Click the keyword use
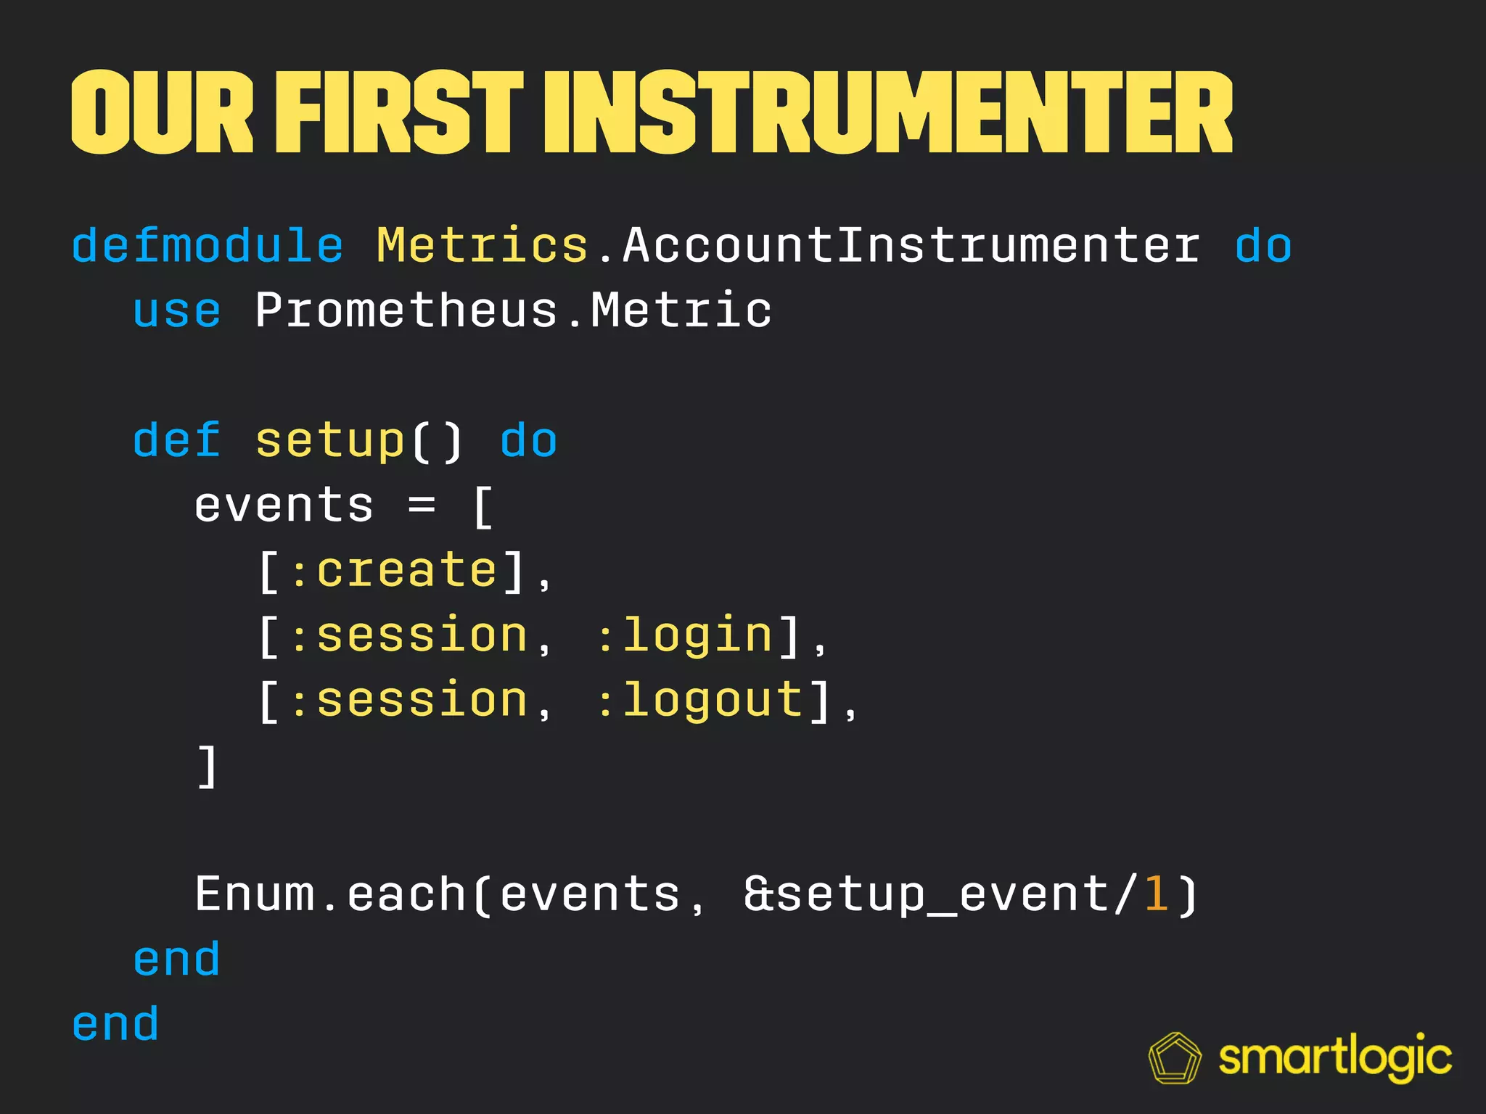176,311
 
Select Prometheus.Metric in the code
513,311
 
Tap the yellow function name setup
329,440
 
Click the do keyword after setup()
528,440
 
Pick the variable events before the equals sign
284,506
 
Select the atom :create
393,571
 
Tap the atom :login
685,636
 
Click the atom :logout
700,701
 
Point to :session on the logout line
409,701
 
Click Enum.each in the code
330,894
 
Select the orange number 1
1155,894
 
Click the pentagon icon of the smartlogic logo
1175,1058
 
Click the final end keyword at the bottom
115,1024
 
